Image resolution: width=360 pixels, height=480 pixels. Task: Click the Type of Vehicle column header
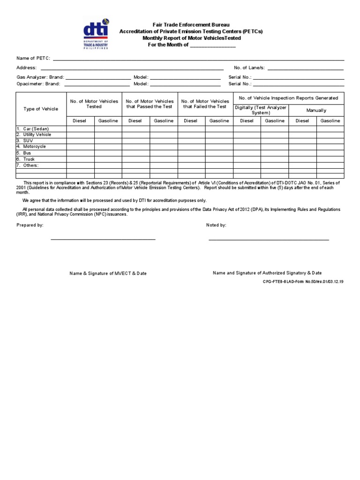pos(41,109)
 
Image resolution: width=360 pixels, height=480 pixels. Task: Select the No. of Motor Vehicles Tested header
pos(94,104)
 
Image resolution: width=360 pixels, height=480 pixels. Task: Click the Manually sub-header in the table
pos(316,111)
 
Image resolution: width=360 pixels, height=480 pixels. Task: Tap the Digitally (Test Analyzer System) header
pos(261,110)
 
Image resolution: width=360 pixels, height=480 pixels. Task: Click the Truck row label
pos(29,159)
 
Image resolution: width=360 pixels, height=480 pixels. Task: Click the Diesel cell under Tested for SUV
pos(80,141)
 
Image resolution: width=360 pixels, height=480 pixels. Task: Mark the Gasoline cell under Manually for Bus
pos(330,153)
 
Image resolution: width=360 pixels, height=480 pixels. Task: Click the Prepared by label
pos(30,225)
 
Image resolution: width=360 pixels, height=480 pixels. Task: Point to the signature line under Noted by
pos(269,240)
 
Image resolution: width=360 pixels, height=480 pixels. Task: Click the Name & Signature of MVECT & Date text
pos(108,273)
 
